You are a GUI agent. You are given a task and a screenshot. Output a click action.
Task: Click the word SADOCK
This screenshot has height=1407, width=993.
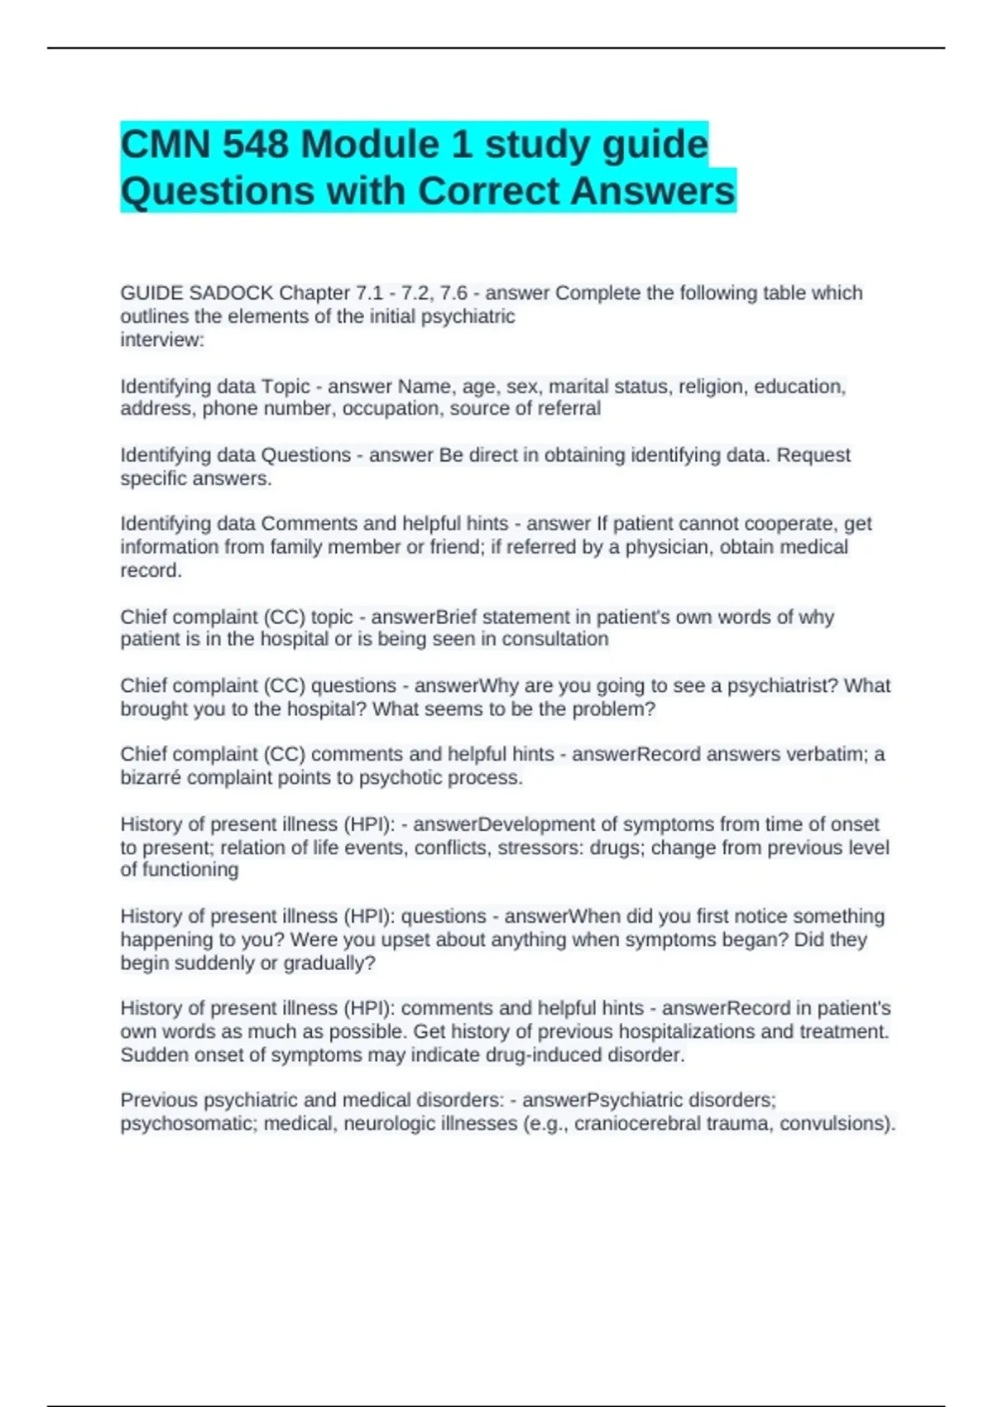pos(231,293)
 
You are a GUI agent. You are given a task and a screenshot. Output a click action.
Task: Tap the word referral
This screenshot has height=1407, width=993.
pos(567,409)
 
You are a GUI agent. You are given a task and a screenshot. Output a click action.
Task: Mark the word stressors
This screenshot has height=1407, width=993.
pos(540,848)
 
